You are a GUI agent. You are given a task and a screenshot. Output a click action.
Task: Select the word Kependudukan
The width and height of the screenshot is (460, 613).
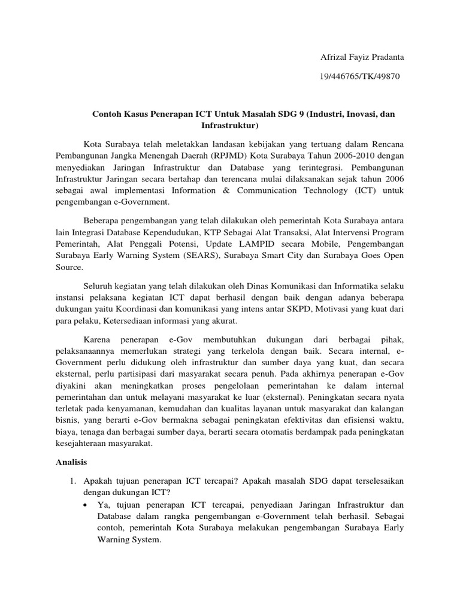pos(167,232)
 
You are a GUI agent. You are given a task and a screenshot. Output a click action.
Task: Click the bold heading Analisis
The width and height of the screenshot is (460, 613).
pos(71,462)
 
